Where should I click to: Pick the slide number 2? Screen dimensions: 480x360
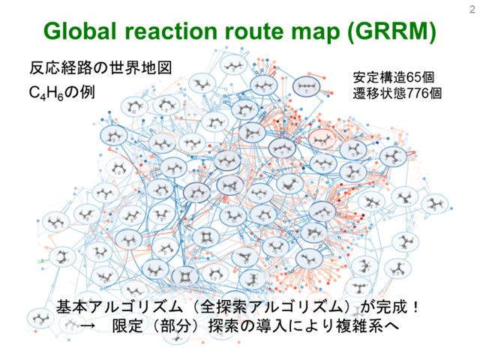(x=472, y=10)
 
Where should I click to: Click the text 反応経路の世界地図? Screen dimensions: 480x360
(x=100, y=67)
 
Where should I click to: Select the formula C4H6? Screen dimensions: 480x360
(x=46, y=92)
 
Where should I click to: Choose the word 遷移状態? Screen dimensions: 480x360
(x=380, y=93)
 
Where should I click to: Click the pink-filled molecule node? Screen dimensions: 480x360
(x=322, y=139)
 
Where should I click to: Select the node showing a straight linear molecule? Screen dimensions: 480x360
(x=307, y=87)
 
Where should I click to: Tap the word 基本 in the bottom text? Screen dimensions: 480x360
(x=72, y=307)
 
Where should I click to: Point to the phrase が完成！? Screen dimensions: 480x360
(x=389, y=307)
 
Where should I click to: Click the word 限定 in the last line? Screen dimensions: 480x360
(x=127, y=326)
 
